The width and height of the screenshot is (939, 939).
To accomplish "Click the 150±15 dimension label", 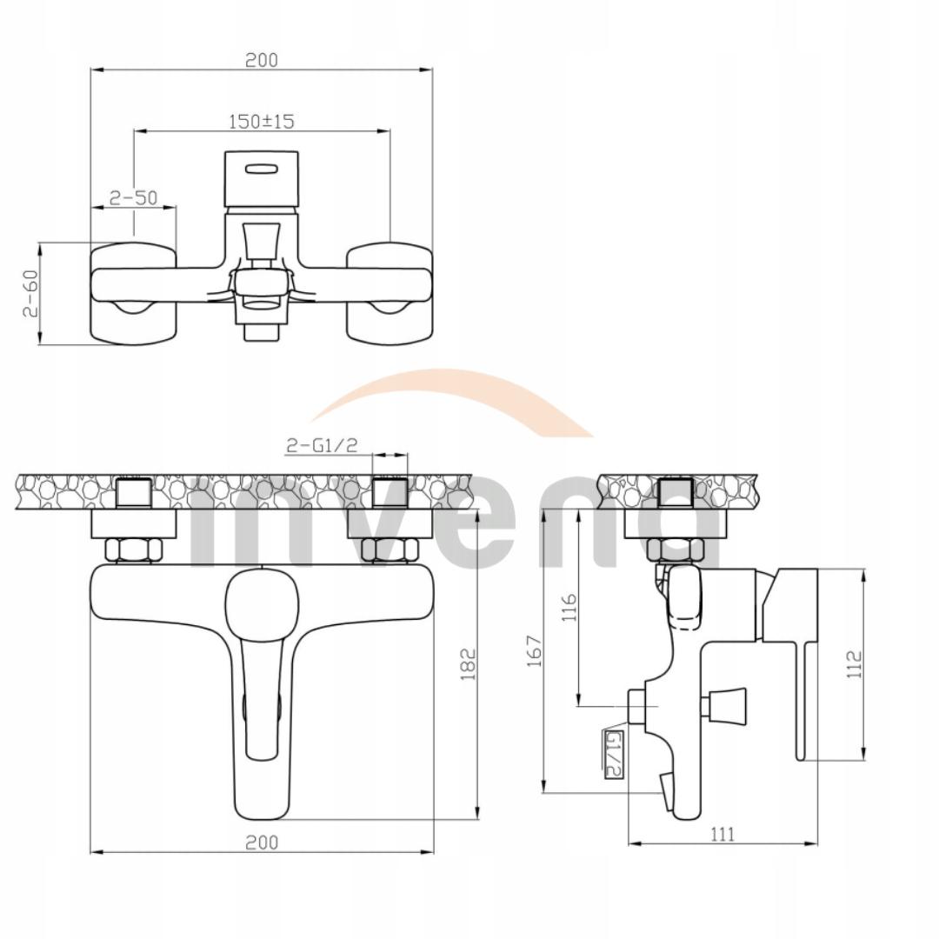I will tap(261, 121).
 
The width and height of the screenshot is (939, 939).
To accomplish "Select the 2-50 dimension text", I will tap(134, 197).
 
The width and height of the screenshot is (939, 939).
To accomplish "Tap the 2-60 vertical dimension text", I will tap(30, 294).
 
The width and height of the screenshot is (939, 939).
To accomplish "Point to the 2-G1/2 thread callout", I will tap(323, 445).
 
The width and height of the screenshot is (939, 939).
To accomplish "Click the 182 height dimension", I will tap(468, 664).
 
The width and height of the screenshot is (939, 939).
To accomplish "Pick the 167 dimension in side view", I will tap(535, 651).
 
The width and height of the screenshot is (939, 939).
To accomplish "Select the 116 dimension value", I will tap(569, 610).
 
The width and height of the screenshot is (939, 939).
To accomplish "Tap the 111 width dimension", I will tap(722, 834).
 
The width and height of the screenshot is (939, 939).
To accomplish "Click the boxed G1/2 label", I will tap(613, 753).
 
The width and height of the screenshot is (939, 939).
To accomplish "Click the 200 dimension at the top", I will tap(261, 60).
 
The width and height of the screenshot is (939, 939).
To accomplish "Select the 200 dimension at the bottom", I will tap(261, 842).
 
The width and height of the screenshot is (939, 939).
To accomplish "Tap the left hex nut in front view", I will tap(132, 549).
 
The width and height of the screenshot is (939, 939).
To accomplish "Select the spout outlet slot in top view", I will tap(262, 170).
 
